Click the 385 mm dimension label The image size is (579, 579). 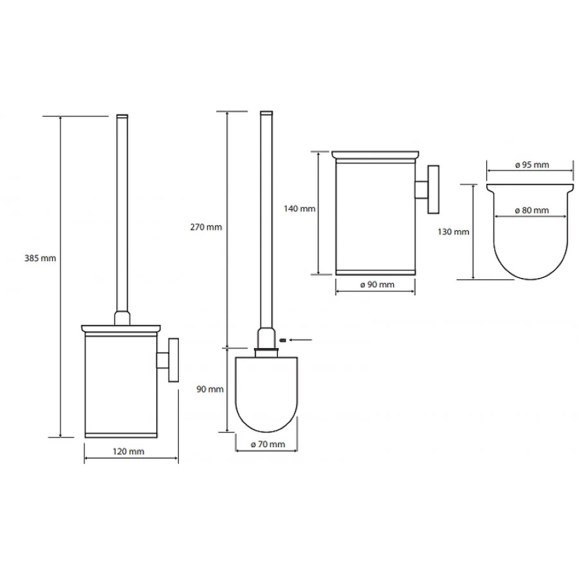pos(41,258)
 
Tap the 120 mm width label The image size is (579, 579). pos(128,451)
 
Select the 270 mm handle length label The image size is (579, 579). pos(206,227)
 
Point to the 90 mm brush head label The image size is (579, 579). pos(210,389)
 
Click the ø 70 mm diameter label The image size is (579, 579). pos(268,444)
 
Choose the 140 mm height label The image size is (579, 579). pos(299,208)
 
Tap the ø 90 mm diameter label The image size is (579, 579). pos(377,285)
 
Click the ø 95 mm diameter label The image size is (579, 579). pos(532,165)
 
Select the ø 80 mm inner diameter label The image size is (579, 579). pos(532,210)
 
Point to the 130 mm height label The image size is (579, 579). pos(454,232)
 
